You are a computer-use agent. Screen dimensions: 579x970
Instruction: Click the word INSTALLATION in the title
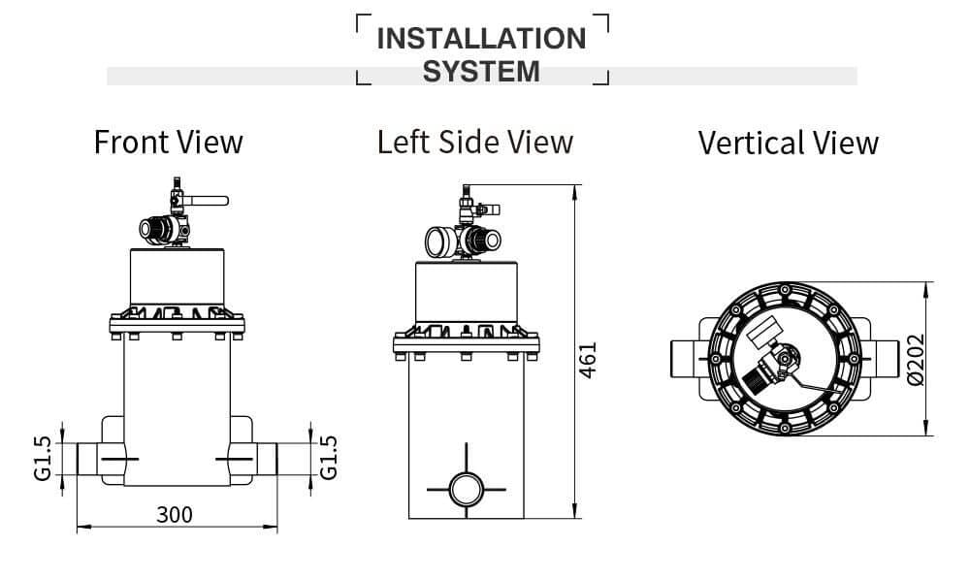pos(481,39)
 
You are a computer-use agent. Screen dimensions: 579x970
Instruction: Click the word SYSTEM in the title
pos(481,71)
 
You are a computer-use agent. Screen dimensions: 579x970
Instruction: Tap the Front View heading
pos(168,142)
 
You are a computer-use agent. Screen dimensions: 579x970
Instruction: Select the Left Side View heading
pos(475,142)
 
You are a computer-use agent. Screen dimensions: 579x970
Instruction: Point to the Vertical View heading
pos(788,144)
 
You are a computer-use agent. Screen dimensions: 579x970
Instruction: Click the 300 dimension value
pos(175,514)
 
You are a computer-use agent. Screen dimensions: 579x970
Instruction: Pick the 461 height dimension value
pos(589,360)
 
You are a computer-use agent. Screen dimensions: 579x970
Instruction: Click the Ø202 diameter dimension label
pos(917,360)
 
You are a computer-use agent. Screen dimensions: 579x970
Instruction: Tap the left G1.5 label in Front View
pos(41,458)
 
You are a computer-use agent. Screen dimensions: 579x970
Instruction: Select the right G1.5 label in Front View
pos(330,457)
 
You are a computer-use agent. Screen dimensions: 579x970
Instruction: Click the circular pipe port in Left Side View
pos(467,487)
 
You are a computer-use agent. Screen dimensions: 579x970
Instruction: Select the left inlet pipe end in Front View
pos(88,458)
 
